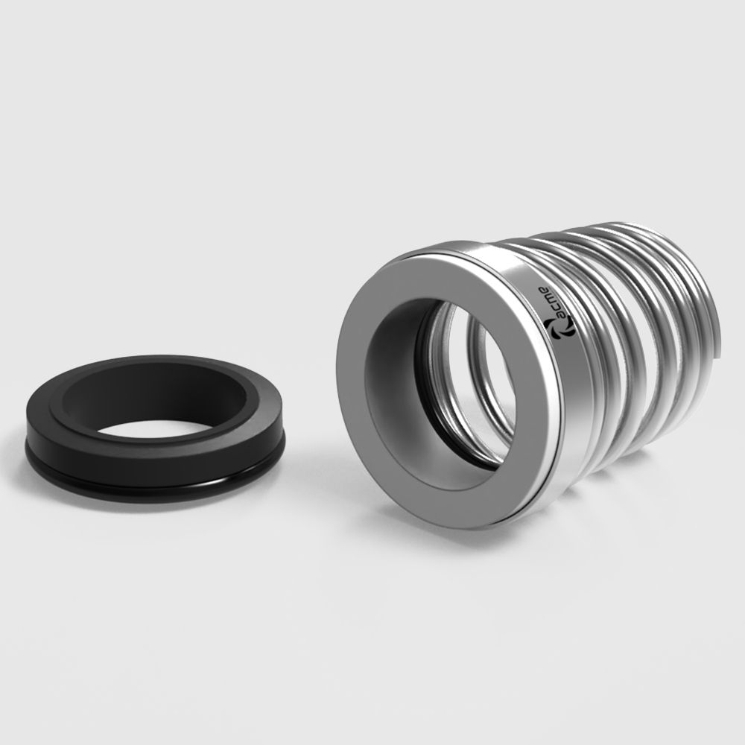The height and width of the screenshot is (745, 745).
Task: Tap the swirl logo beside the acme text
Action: pos(559,329)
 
